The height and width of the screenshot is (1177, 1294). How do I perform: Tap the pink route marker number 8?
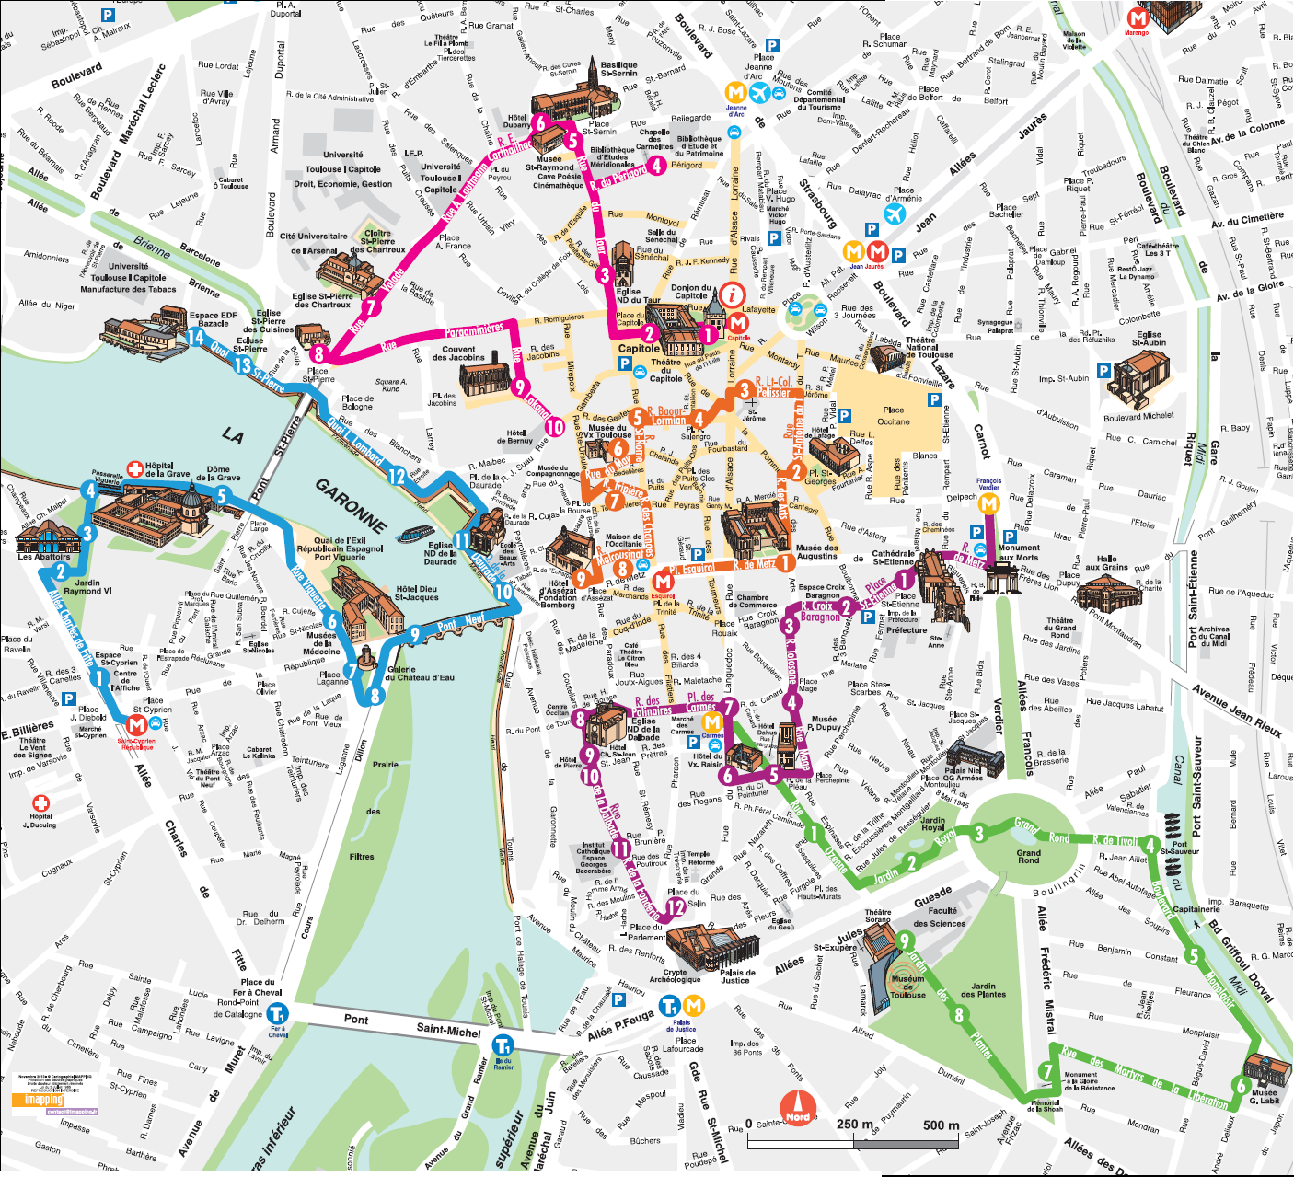coord(318,353)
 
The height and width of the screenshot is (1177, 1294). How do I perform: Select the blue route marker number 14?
coord(195,337)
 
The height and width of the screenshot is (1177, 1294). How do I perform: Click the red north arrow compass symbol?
coord(797,1108)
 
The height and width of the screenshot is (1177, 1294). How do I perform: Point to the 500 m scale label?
coord(940,1125)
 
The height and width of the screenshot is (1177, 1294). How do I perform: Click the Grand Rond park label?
coord(1028,857)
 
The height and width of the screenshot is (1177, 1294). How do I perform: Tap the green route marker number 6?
coord(1241,1087)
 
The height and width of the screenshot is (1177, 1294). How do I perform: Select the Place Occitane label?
coord(894,416)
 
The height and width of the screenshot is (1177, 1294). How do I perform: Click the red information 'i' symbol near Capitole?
coord(734,294)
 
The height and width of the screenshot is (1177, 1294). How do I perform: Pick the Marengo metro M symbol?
coord(1138,18)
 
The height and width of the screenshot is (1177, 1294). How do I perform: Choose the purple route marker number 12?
coord(676,907)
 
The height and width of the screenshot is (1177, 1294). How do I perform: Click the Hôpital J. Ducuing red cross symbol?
coord(40,803)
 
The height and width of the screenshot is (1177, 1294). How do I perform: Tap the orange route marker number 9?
coord(580,579)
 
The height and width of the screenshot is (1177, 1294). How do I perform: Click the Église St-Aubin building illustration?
coord(1138,379)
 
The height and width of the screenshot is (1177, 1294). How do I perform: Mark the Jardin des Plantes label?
coord(983,990)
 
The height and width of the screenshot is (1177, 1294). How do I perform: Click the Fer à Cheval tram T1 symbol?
coord(277,1013)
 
